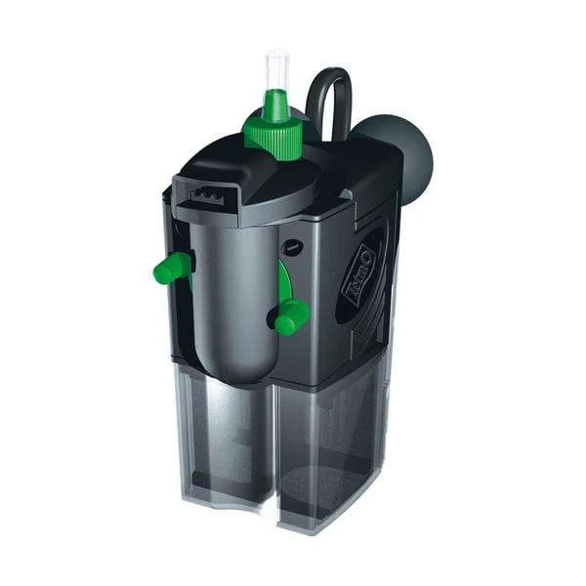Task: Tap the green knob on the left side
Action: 173,268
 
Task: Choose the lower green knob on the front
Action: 291,315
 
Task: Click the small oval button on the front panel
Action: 292,248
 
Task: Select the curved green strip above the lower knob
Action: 283,283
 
